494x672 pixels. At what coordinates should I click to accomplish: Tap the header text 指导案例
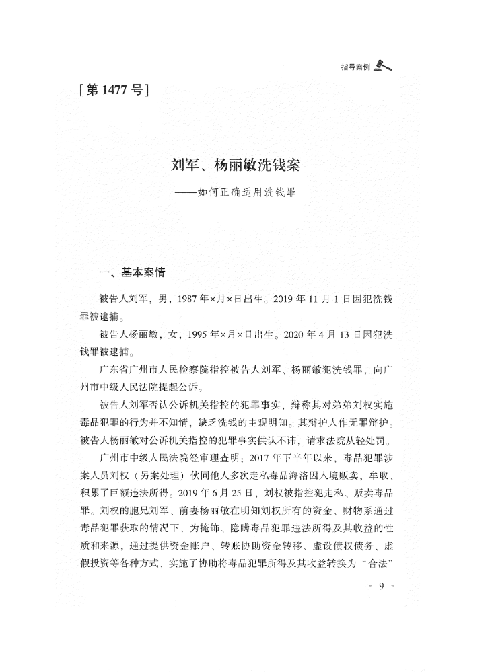click(355, 67)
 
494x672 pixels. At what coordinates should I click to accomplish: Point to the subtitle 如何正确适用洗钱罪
click(248, 192)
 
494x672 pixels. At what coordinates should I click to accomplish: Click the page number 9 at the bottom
click(381, 587)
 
